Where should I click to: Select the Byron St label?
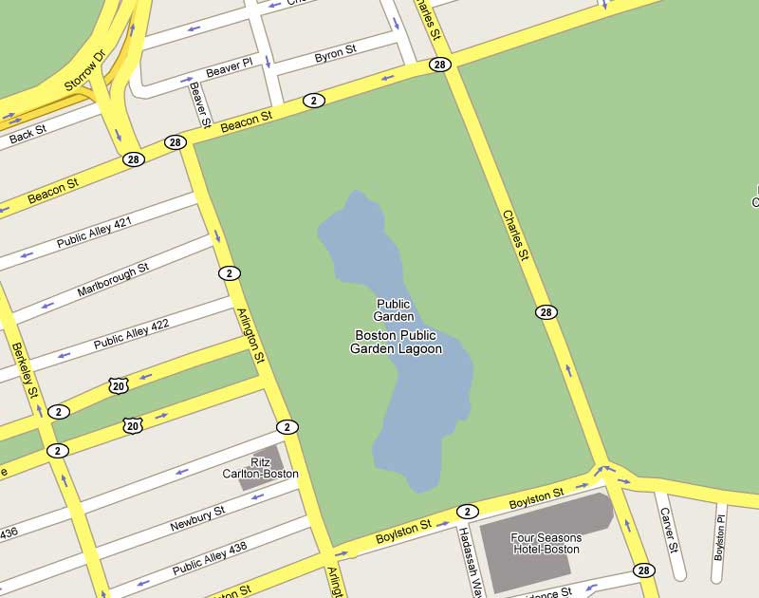pos(335,52)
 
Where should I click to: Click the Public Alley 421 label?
pos(94,233)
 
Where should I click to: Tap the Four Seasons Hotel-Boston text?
pos(546,543)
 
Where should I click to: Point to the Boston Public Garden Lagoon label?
pos(397,342)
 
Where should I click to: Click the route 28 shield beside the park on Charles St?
pos(546,312)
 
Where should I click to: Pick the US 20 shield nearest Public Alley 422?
pos(118,384)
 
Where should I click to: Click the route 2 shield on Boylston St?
pos(466,511)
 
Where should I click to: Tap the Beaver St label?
pos(200,103)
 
